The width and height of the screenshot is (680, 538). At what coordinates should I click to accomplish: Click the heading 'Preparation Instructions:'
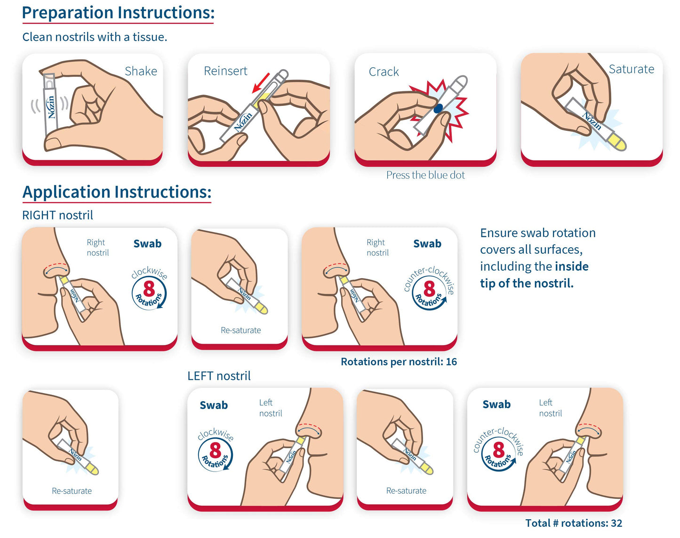pos(118,13)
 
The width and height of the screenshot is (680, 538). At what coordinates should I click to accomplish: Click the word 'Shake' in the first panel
pos(141,71)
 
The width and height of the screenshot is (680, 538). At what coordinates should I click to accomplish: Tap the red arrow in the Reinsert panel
pos(261,83)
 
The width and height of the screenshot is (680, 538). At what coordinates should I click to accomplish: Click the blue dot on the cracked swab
pos(438,108)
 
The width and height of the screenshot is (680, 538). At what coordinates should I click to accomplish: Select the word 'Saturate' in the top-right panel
pos(631,69)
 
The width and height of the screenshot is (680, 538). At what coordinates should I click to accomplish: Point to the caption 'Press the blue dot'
pos(425,175)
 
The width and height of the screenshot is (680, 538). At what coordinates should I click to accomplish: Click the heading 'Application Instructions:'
pos(117,192)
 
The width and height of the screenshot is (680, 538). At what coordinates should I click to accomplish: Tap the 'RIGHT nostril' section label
pos(57,215)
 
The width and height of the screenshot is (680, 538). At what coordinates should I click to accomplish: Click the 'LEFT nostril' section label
pos(219,376)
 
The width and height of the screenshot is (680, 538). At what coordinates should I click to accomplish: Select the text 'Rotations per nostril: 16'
pos(399,361)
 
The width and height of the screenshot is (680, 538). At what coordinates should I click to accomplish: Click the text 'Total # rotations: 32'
pos(573,523)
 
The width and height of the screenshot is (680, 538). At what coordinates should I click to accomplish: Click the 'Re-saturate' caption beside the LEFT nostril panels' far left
pos(72,490)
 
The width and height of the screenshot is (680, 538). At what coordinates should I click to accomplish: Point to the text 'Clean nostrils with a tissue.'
pos(95,37)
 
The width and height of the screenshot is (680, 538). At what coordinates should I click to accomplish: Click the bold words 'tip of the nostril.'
pos(527,283)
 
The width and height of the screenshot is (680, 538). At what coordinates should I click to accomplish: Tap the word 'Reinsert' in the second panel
pos(225,71)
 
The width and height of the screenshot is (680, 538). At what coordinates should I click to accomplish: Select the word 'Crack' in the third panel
pos(384,72)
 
